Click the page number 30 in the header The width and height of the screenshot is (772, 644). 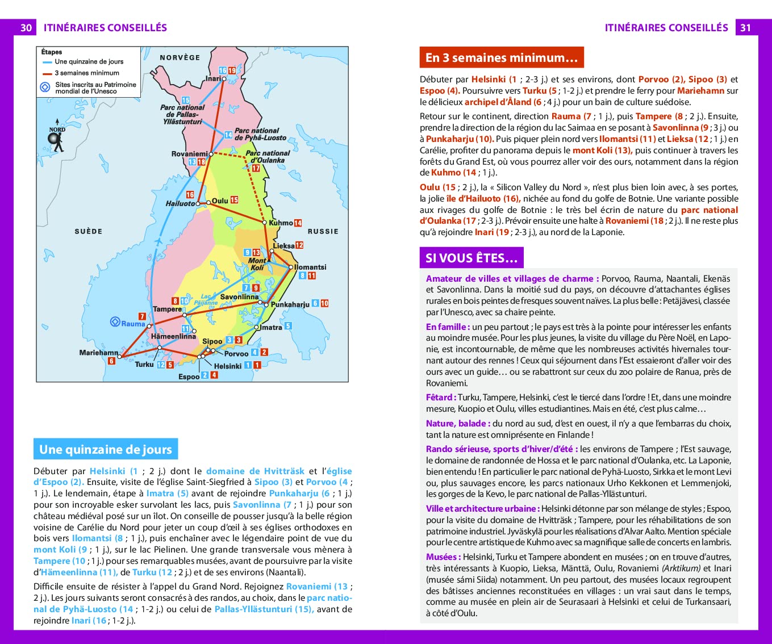(x=26, y=27)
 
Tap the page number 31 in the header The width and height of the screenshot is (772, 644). (x=745, y=27)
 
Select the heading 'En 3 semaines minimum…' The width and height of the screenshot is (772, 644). (x=501, y=57)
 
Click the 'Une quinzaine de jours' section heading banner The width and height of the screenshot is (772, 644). (x=106, y=449)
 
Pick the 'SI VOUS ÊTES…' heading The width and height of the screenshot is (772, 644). (x=471, y=258)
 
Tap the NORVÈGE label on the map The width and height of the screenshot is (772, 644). (x=180, y=57)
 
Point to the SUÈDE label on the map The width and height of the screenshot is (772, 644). (x=89, y=231)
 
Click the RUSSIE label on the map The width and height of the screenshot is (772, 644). (x=323, y=231)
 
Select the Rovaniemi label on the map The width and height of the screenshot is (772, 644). (x=189, y=154)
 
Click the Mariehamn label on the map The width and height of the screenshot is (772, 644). (x=99, y=353)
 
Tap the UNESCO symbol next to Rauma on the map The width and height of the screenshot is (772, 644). (x=115, y=323)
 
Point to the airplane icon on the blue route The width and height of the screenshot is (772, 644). (x=158, y=241)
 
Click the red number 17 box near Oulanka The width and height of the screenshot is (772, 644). (x=256, y=168)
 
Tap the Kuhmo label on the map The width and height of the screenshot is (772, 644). (x=281, y=223)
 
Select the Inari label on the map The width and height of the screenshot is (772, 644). (x=214, y=78)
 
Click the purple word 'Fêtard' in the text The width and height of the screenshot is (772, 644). (x=439, y=398)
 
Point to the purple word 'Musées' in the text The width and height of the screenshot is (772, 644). (x=442, y=557)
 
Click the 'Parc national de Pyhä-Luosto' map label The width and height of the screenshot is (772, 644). (x=260, y=134)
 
